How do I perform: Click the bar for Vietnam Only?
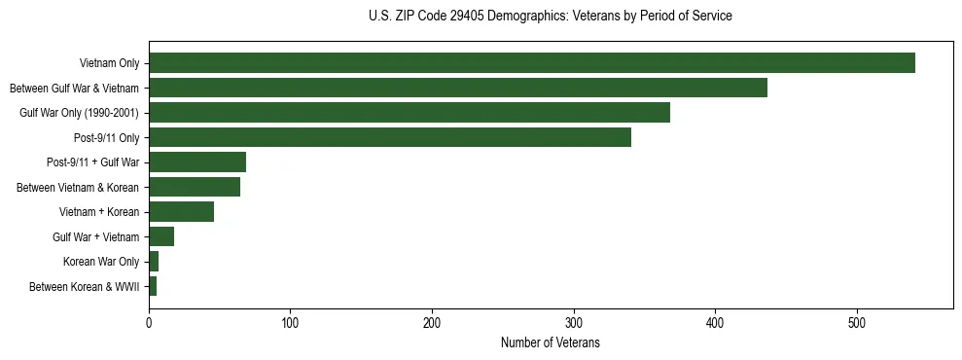(x=531, y=63)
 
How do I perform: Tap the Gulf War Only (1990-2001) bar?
(x=409, y=113)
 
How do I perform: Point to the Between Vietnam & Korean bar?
(x=194, y=187)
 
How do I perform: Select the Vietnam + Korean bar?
(x=181, y=212)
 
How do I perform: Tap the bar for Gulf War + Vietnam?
(x=161, y=236)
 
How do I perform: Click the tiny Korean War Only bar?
(x=154, y=262)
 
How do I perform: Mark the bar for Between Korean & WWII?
(x=153, y=286)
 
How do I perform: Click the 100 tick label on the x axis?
(x=290, y=322)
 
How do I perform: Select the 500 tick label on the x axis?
(x=857, y=322)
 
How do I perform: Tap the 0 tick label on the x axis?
(x=149, y=322)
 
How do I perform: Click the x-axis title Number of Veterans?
(x=550, y=343)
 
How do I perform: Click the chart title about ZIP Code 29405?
(x=550, y=17)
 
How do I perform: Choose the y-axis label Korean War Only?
(x=100, y=262)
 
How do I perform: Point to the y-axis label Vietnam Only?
(x=108, y=63)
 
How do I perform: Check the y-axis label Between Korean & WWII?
(x=84, y=286)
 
